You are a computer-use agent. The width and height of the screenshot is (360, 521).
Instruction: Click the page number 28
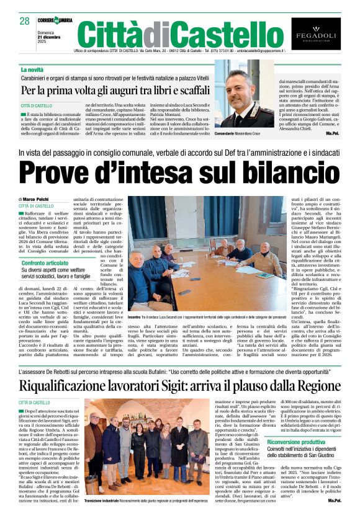coord(25,22)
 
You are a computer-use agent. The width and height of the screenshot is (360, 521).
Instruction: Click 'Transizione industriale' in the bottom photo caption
coord(104,499)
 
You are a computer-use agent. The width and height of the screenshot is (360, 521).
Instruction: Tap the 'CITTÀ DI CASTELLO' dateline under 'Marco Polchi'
coord(36,206)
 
